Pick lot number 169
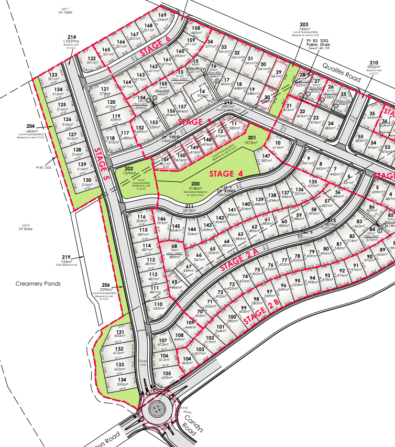tap(162, 15)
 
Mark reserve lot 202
tap(129, 170)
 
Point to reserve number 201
tap(251, 137)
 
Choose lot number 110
tap(158, 304)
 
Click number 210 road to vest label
tap(373, 62)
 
